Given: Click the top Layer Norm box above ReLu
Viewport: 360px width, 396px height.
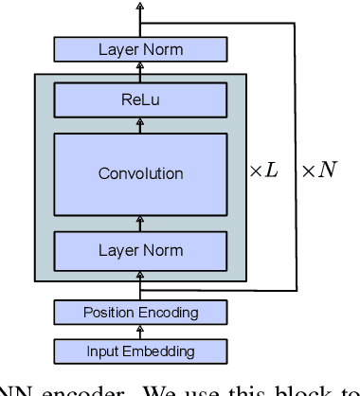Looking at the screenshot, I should click(140, 49).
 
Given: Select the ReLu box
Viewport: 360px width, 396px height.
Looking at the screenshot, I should click(140, 99).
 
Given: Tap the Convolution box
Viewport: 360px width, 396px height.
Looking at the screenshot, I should click(140, 173).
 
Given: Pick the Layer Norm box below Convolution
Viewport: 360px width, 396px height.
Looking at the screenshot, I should click(140, 251).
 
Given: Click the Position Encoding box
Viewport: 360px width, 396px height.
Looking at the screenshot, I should click(140, 313).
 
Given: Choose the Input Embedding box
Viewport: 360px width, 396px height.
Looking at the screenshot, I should click(140, 351).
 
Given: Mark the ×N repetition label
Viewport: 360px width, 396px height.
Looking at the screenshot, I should click(318, 174).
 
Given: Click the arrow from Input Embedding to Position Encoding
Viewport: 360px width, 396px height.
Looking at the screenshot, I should click(140, 332).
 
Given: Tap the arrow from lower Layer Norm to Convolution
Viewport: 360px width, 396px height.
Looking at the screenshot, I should click(140, 225).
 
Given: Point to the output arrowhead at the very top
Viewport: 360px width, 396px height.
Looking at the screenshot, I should click(140, 6).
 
